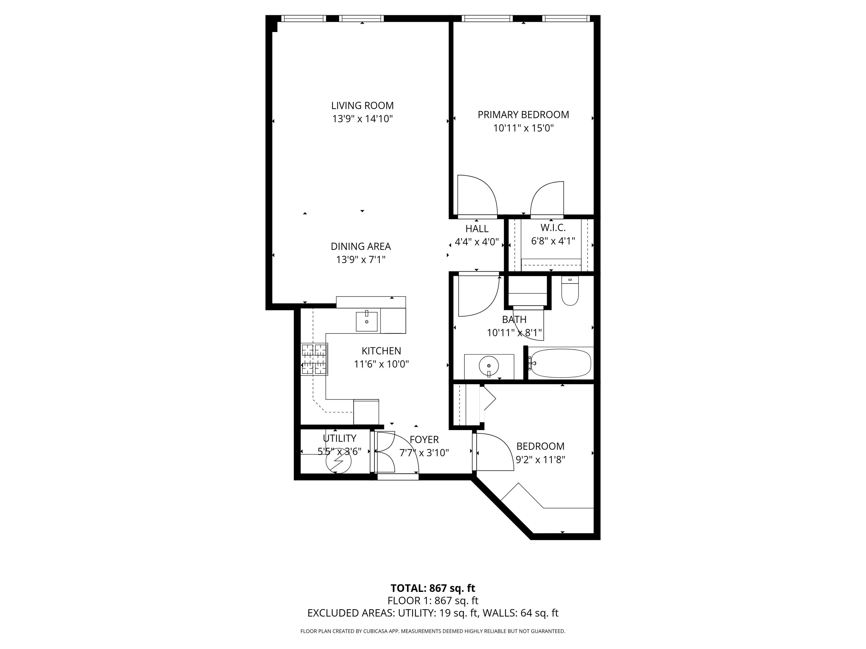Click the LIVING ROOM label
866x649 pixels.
362,105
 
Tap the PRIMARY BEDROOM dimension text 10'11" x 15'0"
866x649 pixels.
523,128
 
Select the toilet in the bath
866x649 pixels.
570,291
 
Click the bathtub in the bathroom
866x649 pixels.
560,363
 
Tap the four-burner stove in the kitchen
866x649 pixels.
314,359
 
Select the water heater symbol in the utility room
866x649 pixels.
338,461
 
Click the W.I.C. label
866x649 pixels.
553,228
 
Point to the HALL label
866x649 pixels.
477,228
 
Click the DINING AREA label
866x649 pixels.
361,246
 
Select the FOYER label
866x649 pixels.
424,440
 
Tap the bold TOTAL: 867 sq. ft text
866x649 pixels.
433,588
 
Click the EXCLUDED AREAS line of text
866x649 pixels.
433,613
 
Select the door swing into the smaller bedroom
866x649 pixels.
493,451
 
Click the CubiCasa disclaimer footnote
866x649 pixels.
433,631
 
